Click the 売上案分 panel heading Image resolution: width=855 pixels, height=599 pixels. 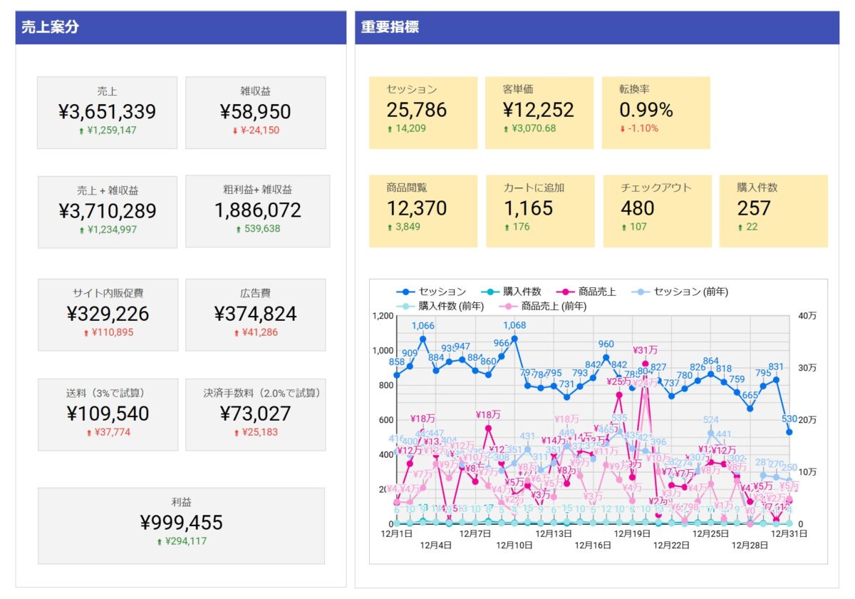click(51, 28)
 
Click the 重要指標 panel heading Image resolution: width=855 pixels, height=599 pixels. click(390, 28)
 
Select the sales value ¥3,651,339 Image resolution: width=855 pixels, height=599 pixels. click(107, 112)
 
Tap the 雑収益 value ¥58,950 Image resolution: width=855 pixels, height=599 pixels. click(255, 112)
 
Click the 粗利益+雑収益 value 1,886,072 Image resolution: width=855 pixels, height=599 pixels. click(257, 210)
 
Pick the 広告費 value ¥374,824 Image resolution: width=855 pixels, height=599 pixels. click(255, 314)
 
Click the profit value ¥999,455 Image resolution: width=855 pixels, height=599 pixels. click(181, 523)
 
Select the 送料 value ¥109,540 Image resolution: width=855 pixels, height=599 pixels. click(107, 414)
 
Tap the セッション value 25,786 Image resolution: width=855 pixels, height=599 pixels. click(417, 110)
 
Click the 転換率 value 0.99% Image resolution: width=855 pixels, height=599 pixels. click(646, 110)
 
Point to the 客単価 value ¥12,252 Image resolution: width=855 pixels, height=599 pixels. click(538, 110)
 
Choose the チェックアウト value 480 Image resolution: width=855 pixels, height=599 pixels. click(638, 208)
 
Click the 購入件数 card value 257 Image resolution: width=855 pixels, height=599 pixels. click(754, 208)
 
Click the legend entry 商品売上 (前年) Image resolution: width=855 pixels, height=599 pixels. click(554, 306)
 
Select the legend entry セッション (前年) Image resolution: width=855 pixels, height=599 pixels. click(690, 291)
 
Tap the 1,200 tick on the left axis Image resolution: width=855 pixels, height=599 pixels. click(383, 315)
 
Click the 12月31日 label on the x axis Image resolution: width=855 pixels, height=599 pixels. click(789, 533)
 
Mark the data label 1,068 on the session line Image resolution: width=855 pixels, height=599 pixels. click(514, 326)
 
